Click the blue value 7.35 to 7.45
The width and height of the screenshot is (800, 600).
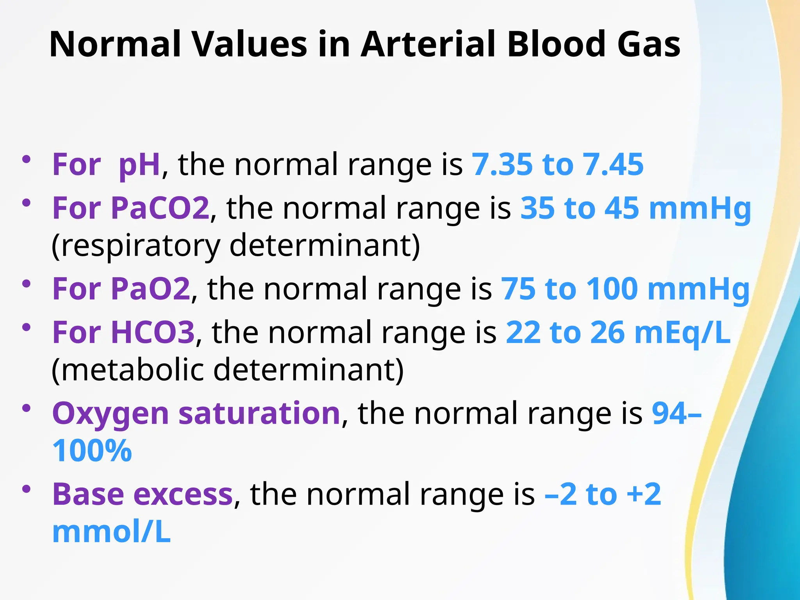coord(558,164)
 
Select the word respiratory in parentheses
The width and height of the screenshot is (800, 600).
coord(136,246)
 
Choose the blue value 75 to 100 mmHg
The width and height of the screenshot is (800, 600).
coord(625,289)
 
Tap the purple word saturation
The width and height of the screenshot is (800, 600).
coord(259,413)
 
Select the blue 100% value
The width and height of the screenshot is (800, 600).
coord(92,451)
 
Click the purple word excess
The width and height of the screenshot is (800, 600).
coord(183,495)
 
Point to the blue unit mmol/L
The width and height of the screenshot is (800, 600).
coord(111,532)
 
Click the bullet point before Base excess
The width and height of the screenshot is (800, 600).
coord(27,489)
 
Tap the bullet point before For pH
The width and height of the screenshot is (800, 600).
coord(27,159)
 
